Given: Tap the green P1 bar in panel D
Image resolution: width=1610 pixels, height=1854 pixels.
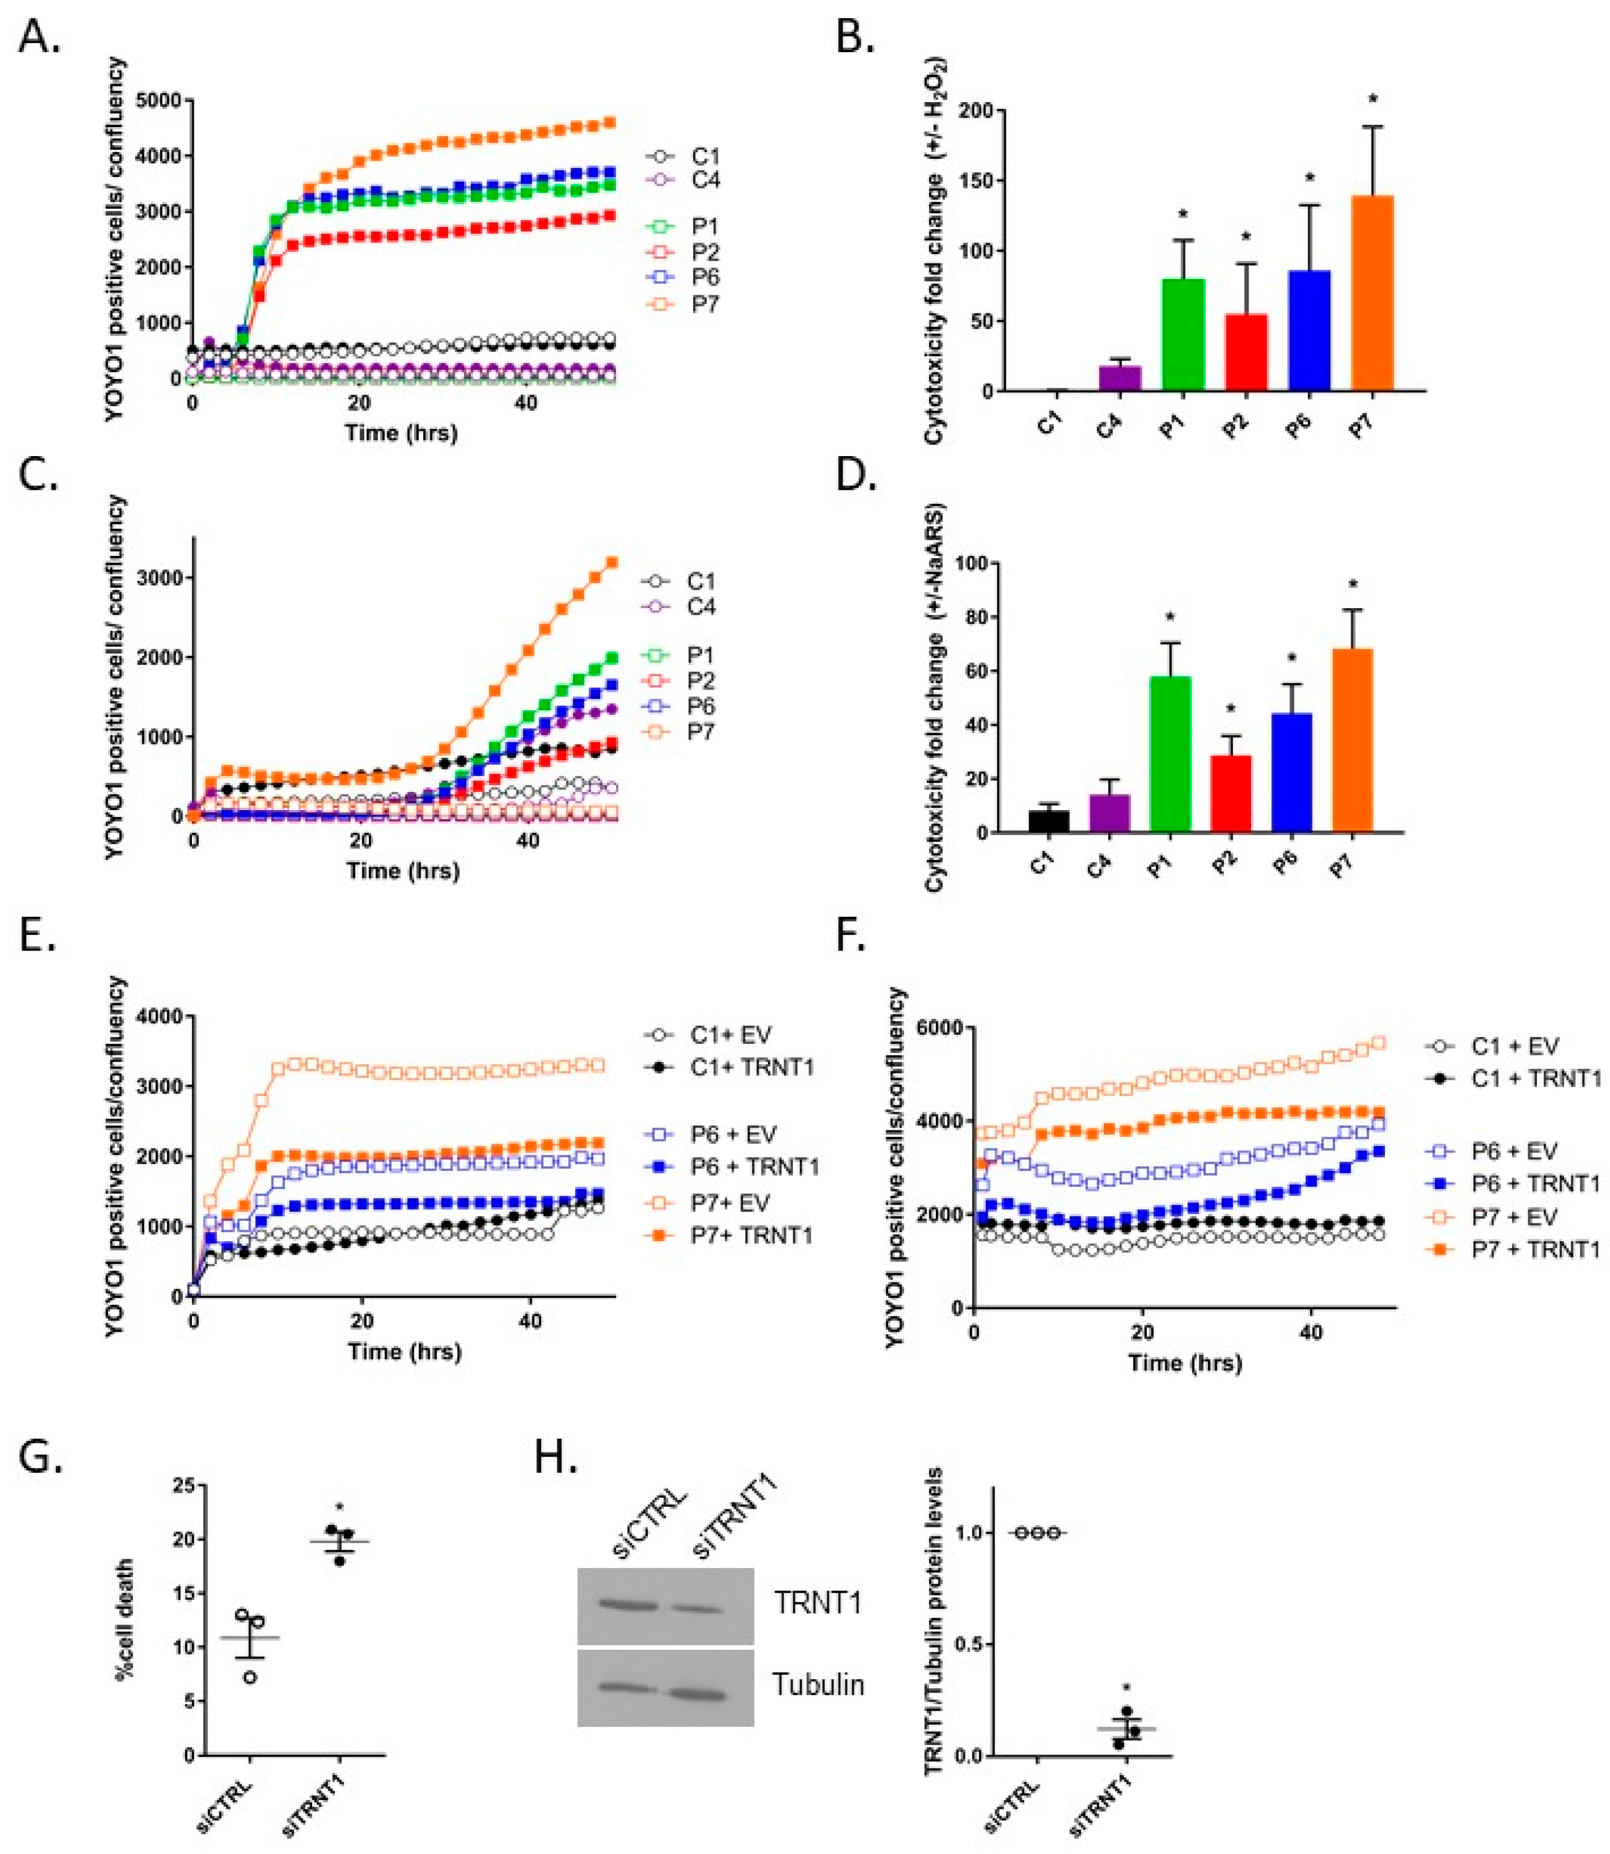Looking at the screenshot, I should point(1169,755).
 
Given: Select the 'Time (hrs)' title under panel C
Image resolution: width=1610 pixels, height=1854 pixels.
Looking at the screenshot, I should point(404,870).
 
